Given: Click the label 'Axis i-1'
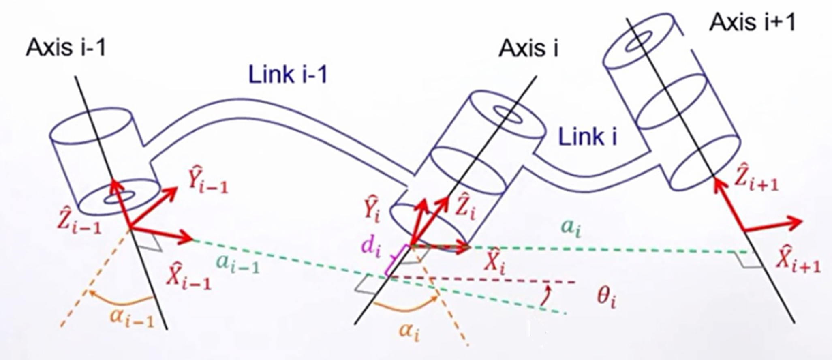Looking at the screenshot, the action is (x=66, y=48).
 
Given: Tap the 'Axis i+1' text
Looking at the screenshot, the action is (x=752, y=22).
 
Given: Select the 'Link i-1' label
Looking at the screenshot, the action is (x=288, y=75).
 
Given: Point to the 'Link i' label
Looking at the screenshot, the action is (x=588, y=137).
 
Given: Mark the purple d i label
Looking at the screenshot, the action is (x=371, y=247).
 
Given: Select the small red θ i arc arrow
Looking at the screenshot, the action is (x=547, y=296).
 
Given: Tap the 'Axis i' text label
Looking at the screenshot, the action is (x=528, y=49).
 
